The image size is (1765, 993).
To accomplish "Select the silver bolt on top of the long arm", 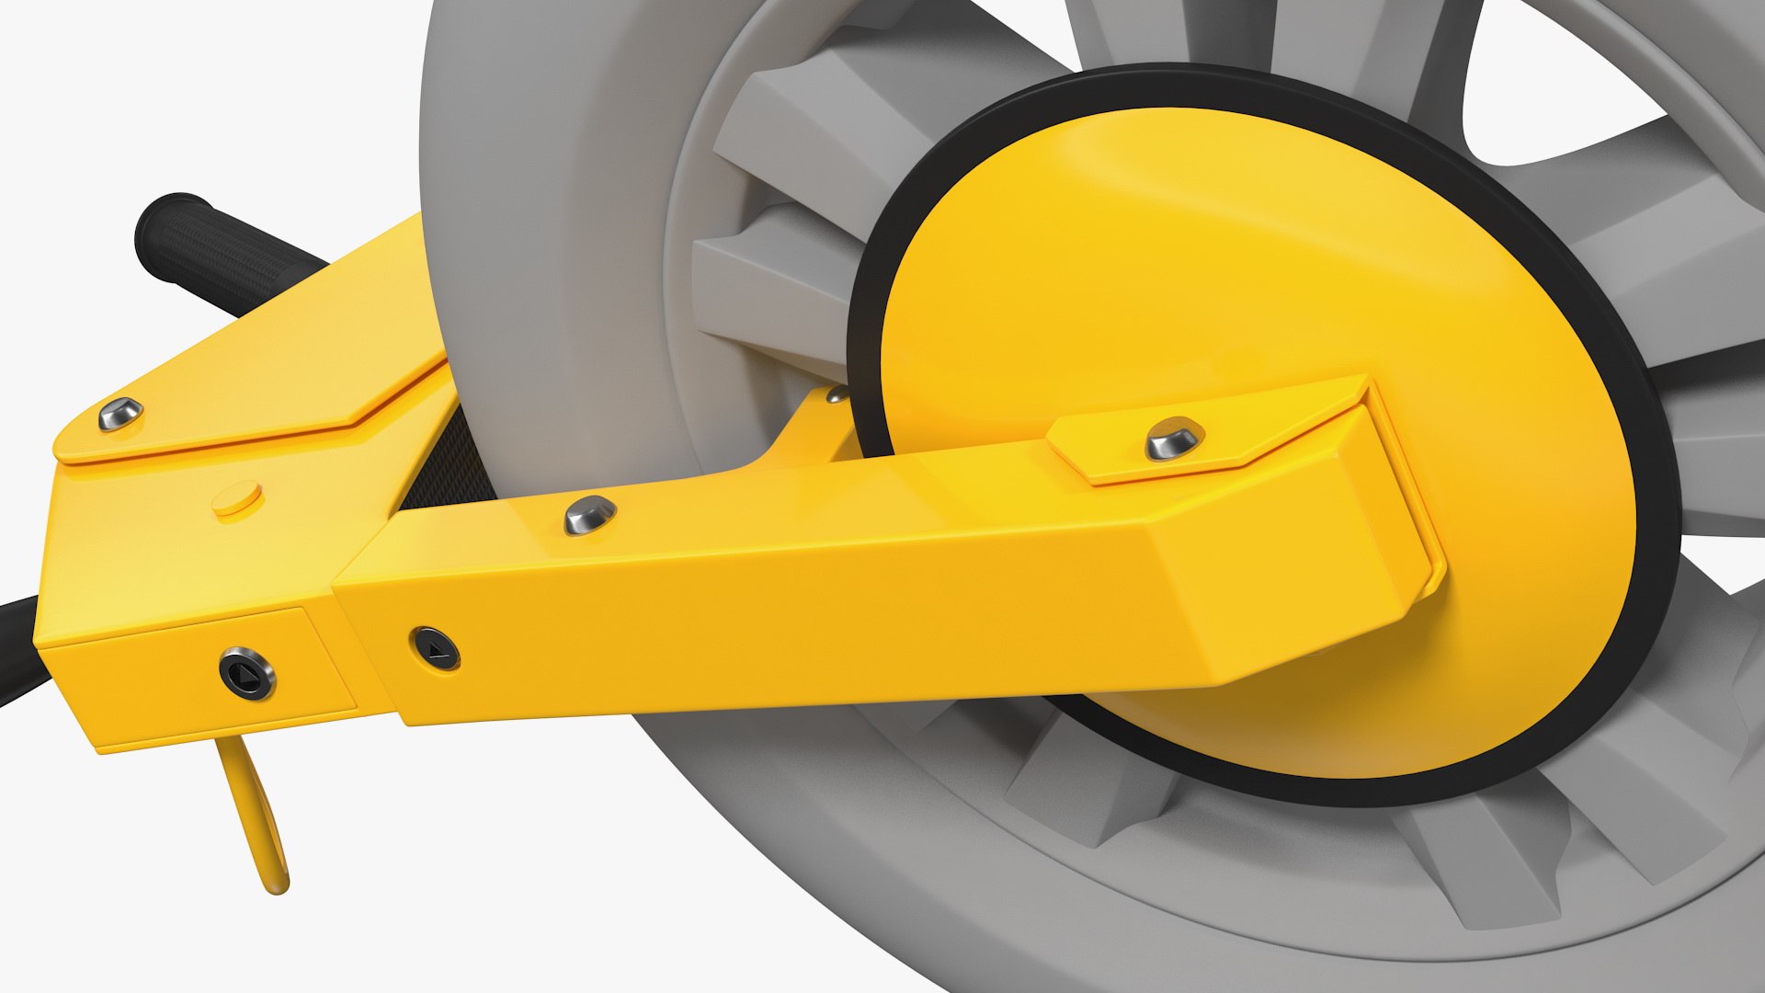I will coord(590,515).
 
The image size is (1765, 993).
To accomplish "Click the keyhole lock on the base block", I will coord(247,674).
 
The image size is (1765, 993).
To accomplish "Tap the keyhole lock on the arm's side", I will coord(435,649).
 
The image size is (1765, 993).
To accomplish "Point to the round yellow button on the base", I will coord(237,500).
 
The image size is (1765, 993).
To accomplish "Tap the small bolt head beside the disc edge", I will coord(837,395).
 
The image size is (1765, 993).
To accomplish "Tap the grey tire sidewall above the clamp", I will coord(552,184).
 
